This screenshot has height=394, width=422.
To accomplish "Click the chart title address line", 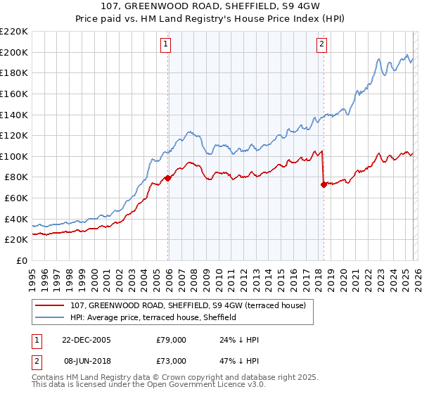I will click(x=211, y=7).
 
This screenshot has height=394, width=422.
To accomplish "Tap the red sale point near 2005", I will click(x=168, y=178).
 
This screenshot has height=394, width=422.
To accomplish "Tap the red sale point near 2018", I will click(x=324, y=185).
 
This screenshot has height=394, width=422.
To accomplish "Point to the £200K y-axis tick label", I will click(x=14, y=52).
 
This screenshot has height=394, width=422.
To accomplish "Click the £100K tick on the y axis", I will click(x=14, y=156).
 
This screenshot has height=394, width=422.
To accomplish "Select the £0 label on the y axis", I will click(x=21, y=260).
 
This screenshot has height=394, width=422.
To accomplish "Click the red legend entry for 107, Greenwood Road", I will click(x=188, y=306).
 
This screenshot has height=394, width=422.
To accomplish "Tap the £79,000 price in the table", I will click(x=171, y=340).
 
